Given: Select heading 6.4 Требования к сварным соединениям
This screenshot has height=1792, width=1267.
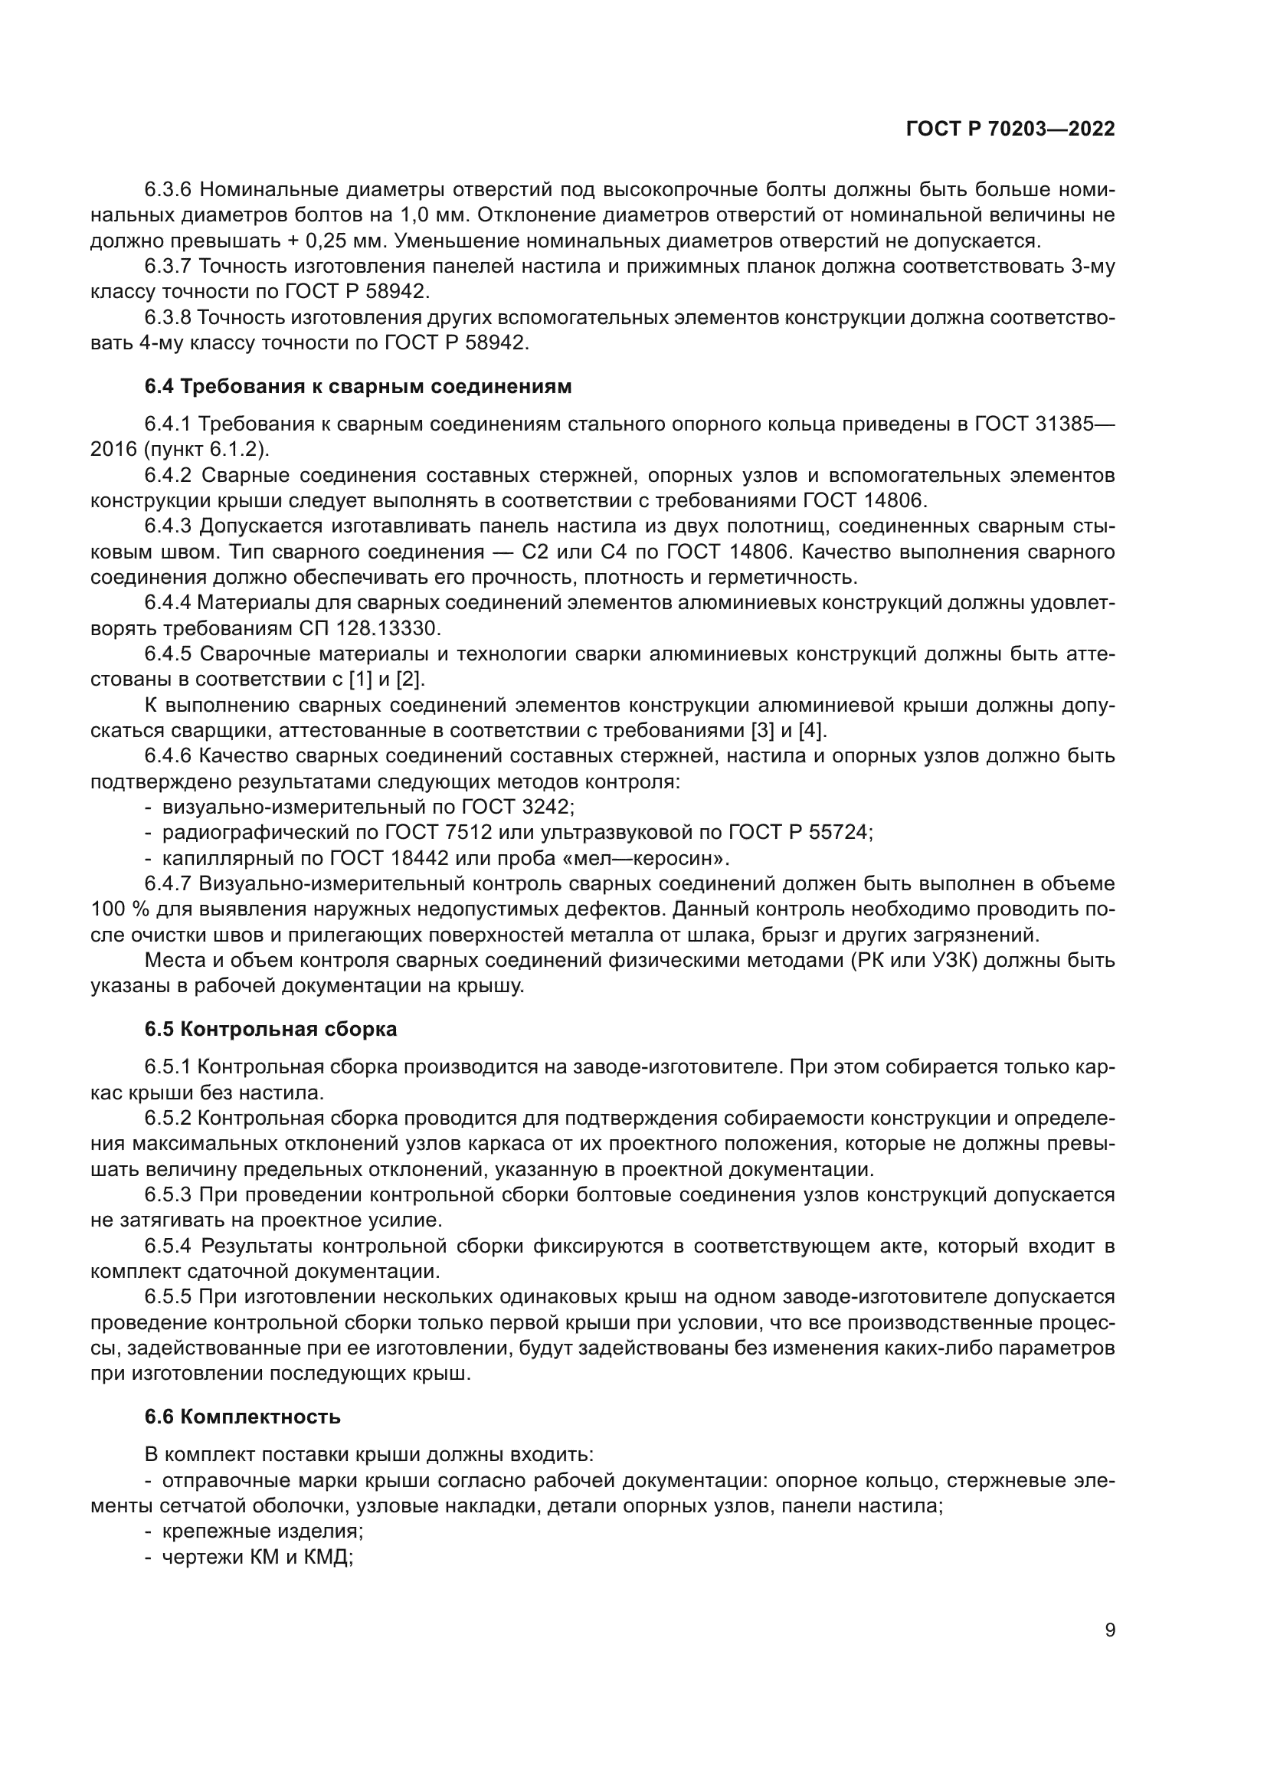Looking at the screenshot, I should pyautogui.click(x=357, y=386).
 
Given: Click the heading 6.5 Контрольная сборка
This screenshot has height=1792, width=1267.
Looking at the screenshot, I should pyautogui.click(x=270, y=1029).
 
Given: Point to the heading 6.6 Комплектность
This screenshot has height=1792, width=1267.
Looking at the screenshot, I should pyautogui.click(x=242, y=1417).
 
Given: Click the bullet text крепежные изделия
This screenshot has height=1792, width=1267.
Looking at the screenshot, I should pyautogui.click(x=262, y=1532).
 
